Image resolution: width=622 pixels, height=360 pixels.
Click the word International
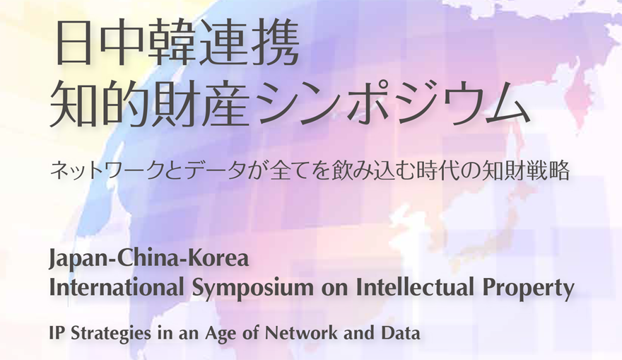point(117,287)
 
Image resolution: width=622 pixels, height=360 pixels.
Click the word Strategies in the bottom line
point(111,333)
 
